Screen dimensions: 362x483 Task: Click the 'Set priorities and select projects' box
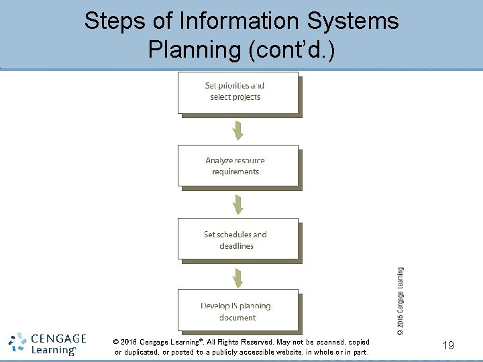[x=237, y=93]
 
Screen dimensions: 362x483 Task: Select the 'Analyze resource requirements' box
[x=237, y=166]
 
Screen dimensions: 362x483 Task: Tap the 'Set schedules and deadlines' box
[x=237, y=239]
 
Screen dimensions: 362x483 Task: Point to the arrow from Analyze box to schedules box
[x=237, y=202]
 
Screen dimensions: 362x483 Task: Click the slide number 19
[x=449, y=345]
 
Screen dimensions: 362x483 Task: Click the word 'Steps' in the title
[x=112, y=21]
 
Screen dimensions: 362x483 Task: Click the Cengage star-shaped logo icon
[x=19, y=343]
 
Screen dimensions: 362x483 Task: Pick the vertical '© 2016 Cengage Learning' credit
[x=400, y=301]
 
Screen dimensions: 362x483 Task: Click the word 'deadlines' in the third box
[x=236, y=246]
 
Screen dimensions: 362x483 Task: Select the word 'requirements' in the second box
[x=235, y=172]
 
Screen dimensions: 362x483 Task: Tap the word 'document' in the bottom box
[x=237, y=318]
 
